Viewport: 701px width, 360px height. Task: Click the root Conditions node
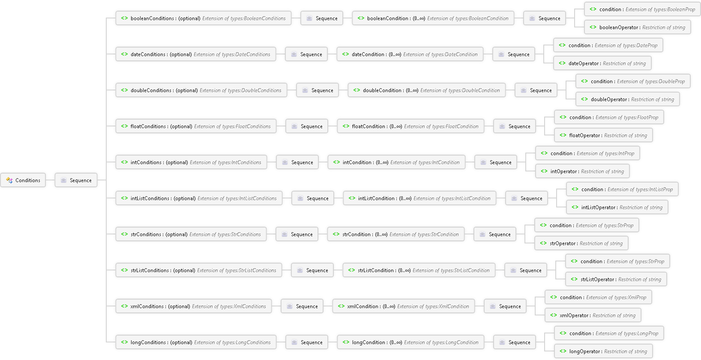point(23,180)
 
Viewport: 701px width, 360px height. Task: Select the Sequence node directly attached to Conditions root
point(76,180)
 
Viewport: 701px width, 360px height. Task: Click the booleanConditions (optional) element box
point(204,18)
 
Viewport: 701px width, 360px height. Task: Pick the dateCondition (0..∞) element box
point(410,54)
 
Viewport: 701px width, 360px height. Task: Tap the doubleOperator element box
point(627,99)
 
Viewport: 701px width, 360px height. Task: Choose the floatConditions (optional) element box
point(196,126)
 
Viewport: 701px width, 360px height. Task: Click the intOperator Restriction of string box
point(582,171)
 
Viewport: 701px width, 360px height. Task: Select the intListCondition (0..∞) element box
point(419,198)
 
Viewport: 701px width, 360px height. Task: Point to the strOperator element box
point(581,243)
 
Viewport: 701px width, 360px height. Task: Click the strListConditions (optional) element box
point(199,270)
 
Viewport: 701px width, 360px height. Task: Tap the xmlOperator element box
point(593,315)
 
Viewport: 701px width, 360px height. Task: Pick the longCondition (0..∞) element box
point(410,342)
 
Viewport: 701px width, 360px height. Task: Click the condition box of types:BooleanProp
point(642,9)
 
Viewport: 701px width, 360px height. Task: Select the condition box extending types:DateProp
point(608,45)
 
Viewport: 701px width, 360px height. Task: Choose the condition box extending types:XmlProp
point(598,297)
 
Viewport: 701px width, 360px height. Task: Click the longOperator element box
point(603,351)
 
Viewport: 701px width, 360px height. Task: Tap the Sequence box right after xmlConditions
point(302,306)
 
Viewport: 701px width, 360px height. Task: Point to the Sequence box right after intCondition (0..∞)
point(496,162)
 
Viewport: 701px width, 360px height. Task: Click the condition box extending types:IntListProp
point(623,189)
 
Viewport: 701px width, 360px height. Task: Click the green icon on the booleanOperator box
point(593,27)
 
